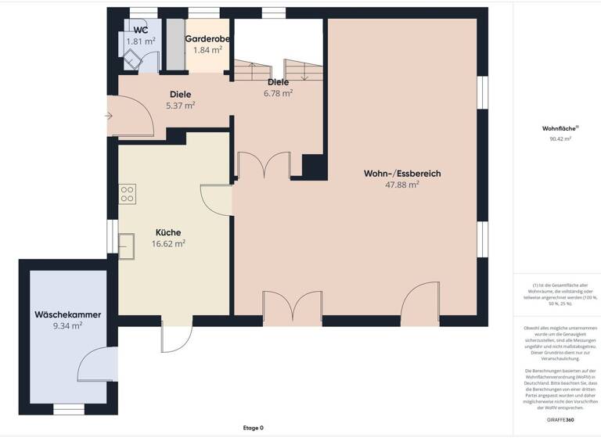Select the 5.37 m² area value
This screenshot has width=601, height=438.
point(180,106)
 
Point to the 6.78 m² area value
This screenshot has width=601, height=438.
point(278,92)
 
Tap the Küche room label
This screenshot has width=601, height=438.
point(168,232)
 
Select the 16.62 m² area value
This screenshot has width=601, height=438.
point(168,243)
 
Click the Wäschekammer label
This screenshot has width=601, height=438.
point(67,314)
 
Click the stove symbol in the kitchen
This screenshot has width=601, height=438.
point(127,193)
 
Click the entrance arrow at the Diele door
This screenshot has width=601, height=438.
point(108,117)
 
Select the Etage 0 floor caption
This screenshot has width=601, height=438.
point(252,428)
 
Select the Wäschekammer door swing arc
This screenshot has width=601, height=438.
point(94,364)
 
